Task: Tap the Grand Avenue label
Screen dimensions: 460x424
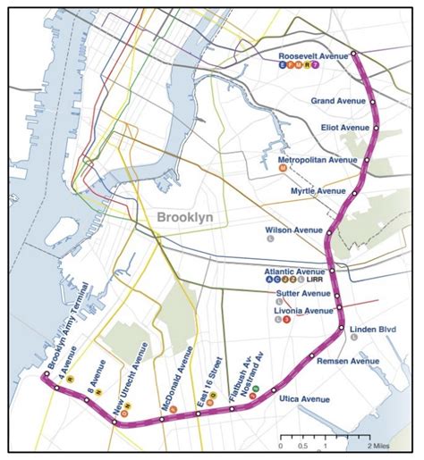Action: [x=339, y=101]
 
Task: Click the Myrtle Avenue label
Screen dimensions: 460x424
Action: [x=318, y=191]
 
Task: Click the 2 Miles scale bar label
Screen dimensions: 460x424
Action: [x=379, y=445]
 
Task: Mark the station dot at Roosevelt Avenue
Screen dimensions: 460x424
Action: [x=353, y=54]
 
